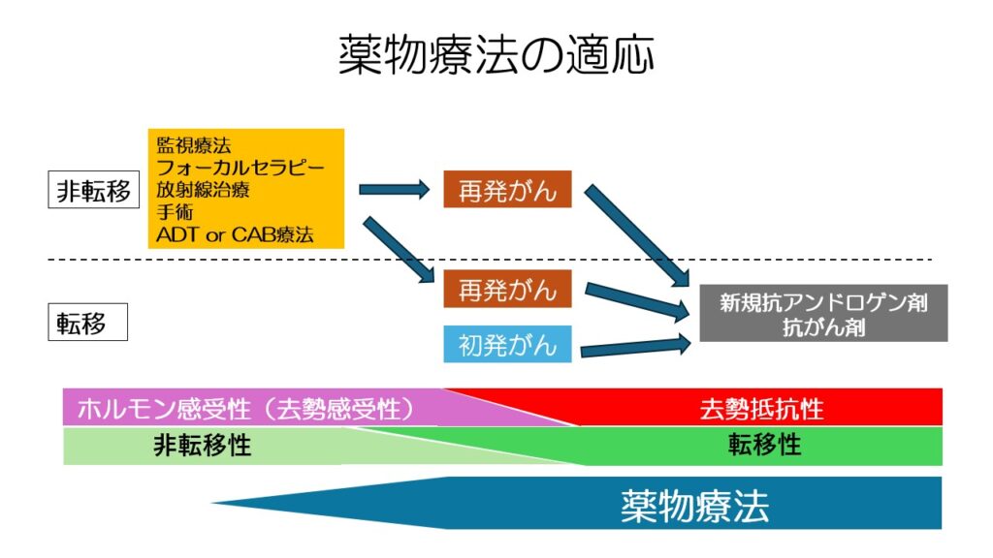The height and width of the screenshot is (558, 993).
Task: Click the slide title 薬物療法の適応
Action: [496, 55]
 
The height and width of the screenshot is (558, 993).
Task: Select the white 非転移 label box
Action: [94, 190]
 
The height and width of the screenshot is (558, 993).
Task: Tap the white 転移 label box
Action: [87, 322]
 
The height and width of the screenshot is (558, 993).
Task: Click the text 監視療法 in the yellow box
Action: [194, 145]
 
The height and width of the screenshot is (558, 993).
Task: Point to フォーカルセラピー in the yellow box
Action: [240, 168]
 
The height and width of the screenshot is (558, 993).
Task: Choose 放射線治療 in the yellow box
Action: [203, 190]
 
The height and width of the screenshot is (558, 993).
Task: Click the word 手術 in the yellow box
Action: [175, 212]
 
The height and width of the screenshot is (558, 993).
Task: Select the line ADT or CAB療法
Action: [235, 234]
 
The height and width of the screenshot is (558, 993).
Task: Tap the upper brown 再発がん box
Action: [507, 189]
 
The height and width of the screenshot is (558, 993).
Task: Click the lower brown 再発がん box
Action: [507, 289]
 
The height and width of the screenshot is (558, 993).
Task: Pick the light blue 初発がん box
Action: [507, 344]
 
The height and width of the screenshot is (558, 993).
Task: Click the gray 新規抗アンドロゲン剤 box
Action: [823, 313]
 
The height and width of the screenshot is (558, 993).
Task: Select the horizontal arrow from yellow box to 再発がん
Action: [394, 189]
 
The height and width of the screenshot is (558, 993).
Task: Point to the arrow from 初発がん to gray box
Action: [635, 347]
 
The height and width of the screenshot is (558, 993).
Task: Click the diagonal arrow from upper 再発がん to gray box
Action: [636, 235]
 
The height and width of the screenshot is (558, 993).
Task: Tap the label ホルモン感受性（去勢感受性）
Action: [245, 409]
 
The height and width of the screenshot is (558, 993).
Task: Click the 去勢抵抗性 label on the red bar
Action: [761, 409]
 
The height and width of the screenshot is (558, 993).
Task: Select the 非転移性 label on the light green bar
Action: [202, 446]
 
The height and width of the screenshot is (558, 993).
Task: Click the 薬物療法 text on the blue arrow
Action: [694, 506]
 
